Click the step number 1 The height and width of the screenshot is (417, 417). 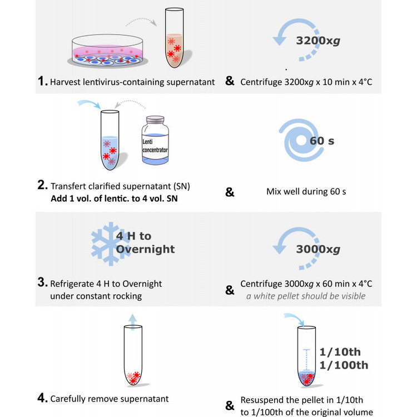click(x=42, y=82)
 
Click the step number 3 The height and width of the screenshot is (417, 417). click(x=42, y=283)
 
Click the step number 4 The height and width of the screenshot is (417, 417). click(x=42, y=398)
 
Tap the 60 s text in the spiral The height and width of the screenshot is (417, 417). click(x=321, y=141)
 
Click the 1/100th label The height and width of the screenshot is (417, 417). click(x=344, y=365)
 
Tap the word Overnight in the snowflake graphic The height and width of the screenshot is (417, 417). click(x=146, y=249)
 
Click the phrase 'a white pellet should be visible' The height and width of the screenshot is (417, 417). click(x=306, y=296)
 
